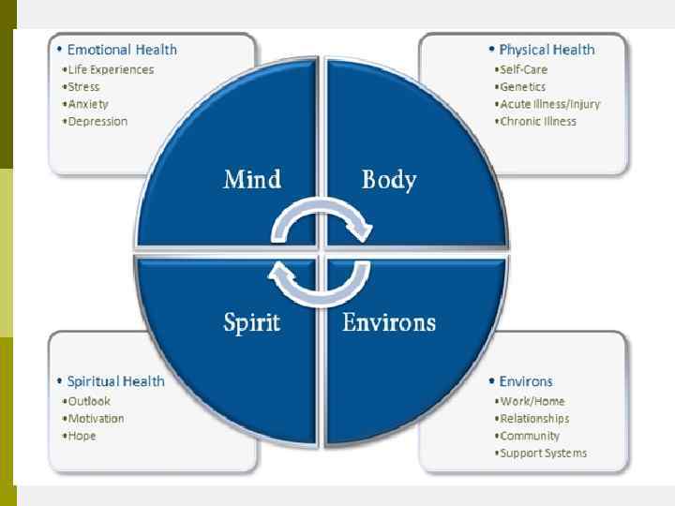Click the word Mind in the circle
(x=251, y=179)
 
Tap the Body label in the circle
(x=389, y=179)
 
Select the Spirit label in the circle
(x=251, y=323)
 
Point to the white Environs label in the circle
(x=389, y=323)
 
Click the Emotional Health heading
(x=122, y=50)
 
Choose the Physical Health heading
(x=547, y=50)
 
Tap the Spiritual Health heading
(x=115, y=381)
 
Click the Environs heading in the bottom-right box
(x=526, y=381)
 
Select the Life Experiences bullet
(x=110, y=69)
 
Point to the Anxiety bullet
(x=88, y=104)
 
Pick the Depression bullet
(x=97, y=122)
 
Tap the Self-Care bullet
(x=523, y=69)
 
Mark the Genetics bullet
(x=523, y=87)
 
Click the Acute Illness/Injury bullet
(x=550, y=104)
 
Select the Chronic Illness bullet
(x=538, y=122)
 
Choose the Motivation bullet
(x=96, y=419)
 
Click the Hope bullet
(x=82, y=436)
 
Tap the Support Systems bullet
(x=543, y=454)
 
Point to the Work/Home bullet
(x=532, y=402)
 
